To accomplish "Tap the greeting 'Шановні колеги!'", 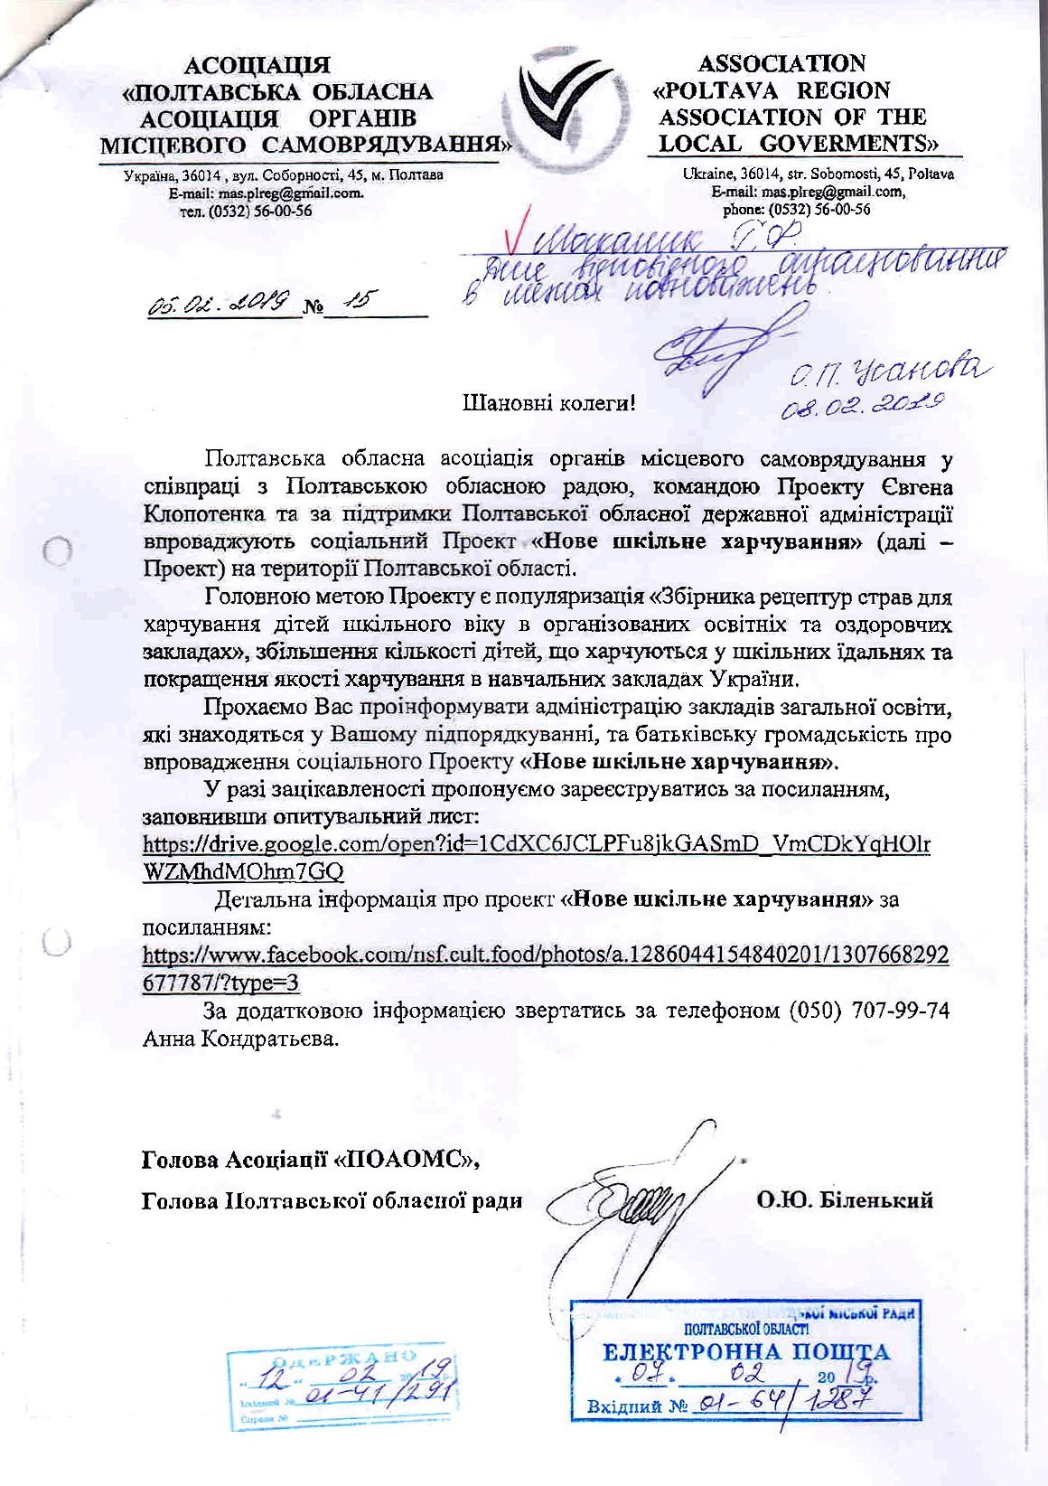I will point(549,403).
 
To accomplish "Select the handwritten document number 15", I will point(357,302).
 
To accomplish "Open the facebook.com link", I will point(546,968).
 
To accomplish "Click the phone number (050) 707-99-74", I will point(869,1011).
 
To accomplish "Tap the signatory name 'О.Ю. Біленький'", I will point(845,1200).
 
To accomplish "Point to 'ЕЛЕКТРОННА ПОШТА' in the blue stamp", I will point(745,1351).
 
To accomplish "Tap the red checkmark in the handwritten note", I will point(518,240).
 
